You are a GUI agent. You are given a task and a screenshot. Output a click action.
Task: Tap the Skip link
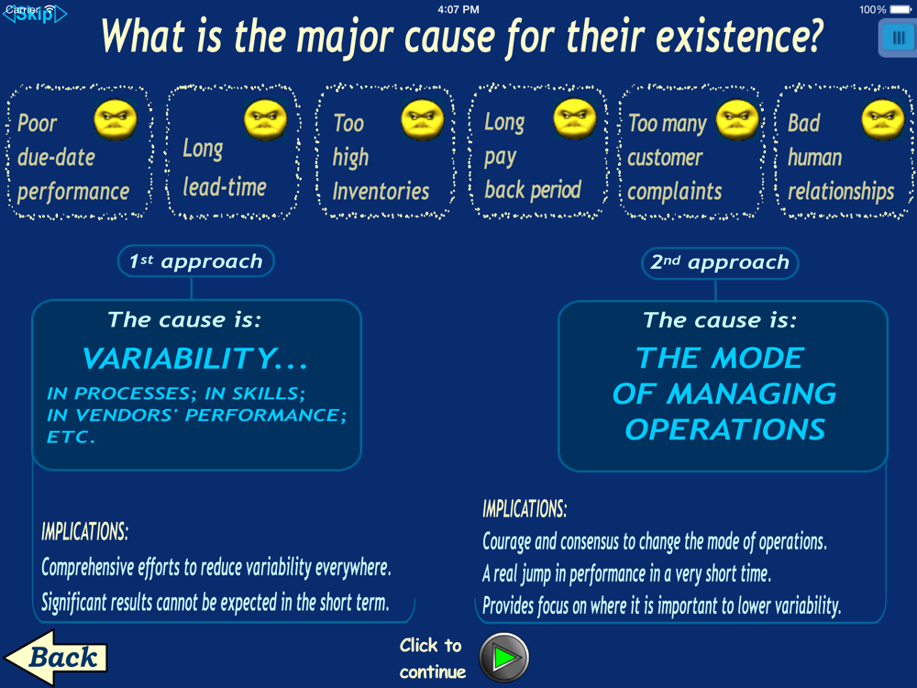point(35,14)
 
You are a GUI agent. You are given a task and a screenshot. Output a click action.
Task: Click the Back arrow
point(56,657)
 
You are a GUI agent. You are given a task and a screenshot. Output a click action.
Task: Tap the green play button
point(504,658)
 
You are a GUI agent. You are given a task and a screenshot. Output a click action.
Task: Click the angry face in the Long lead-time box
point(266,120)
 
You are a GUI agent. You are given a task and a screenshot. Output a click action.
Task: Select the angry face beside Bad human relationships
point(883,120)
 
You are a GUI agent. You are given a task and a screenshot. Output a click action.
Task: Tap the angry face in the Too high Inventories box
point(422,120)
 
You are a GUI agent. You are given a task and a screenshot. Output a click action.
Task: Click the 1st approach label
point(196,261)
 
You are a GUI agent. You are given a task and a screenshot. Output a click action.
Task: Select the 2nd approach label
point(720,262)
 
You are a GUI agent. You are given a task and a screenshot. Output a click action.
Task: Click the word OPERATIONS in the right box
point(725,429)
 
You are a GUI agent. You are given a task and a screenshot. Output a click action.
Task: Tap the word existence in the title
point(738,37)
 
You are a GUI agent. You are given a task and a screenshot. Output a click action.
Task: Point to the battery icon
point(900,9)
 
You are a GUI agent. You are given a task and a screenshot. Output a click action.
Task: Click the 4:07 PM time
point(458,9)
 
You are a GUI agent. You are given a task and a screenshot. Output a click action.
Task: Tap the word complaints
point(675,192)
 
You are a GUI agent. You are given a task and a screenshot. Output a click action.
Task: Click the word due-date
point(56,158)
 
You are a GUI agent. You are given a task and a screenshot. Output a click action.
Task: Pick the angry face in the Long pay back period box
point(575,118)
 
